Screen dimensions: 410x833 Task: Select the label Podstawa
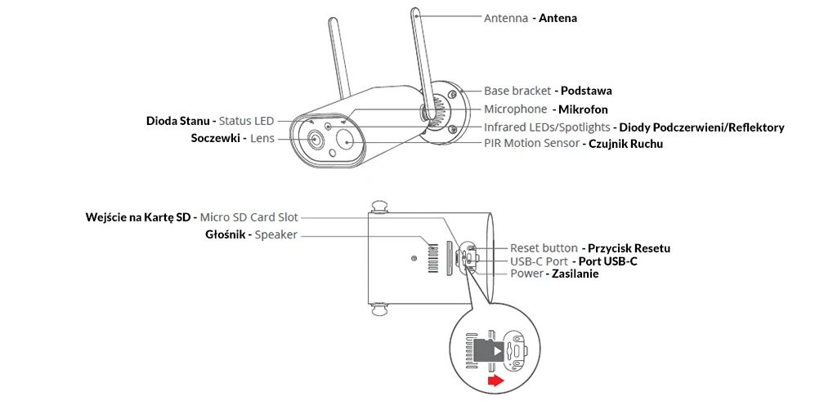click(x=586, y=91)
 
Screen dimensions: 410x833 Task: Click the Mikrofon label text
click(x=583, y=109)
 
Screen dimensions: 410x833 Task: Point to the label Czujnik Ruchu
click(x=625, y=144)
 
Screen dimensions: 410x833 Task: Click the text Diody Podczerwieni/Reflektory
click(x=701, y=127)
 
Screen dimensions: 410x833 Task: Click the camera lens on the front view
click(x=316, y=140)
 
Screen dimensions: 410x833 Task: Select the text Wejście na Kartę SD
click(x=138, y=217)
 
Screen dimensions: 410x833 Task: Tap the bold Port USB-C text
click(x=607, y=261)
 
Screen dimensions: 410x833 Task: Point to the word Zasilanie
click(x=575, y=274)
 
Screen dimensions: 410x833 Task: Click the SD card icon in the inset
click(x=489, y=350)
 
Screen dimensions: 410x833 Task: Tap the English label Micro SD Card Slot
click(x=249, y=217)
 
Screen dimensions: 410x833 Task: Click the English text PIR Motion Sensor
click(x=531, y=144)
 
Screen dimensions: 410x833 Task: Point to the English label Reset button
click(x=544, y=247)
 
